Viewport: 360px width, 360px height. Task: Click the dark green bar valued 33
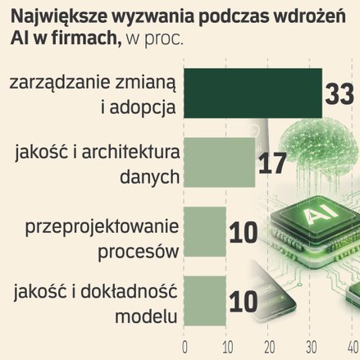coord(253,93)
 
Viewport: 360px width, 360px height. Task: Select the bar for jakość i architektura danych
coord(219,162)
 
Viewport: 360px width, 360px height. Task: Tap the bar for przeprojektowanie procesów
coord(205,232)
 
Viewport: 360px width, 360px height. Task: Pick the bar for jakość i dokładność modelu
coord(205,301)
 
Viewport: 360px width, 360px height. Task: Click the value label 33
coord(339,93)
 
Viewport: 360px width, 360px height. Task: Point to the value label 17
coord(272,163)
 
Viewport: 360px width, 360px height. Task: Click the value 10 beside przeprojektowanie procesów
coord(244,233)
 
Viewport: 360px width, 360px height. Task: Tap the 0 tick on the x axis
coord(185,348)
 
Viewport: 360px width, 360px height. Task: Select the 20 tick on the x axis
coord(270,348)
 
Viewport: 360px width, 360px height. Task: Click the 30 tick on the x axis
coord(312,348)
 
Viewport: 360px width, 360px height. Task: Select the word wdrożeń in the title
coord(310,16)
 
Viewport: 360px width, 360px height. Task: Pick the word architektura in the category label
coord(131,152)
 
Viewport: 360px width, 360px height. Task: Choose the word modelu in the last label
coord(146,317)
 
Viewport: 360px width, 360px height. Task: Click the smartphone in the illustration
coord(272,294)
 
